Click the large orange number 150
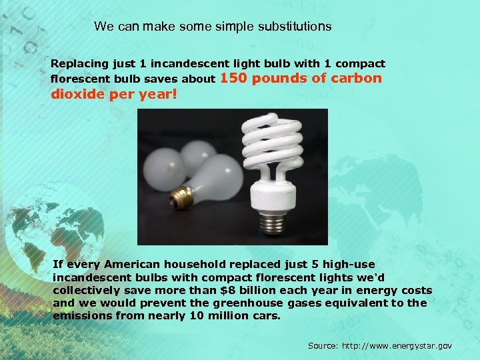tap(233, 79)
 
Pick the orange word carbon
tap(357, 79)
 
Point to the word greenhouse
tap(238, 303)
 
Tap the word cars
tap(267, 315)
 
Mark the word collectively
tap(85, 290)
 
